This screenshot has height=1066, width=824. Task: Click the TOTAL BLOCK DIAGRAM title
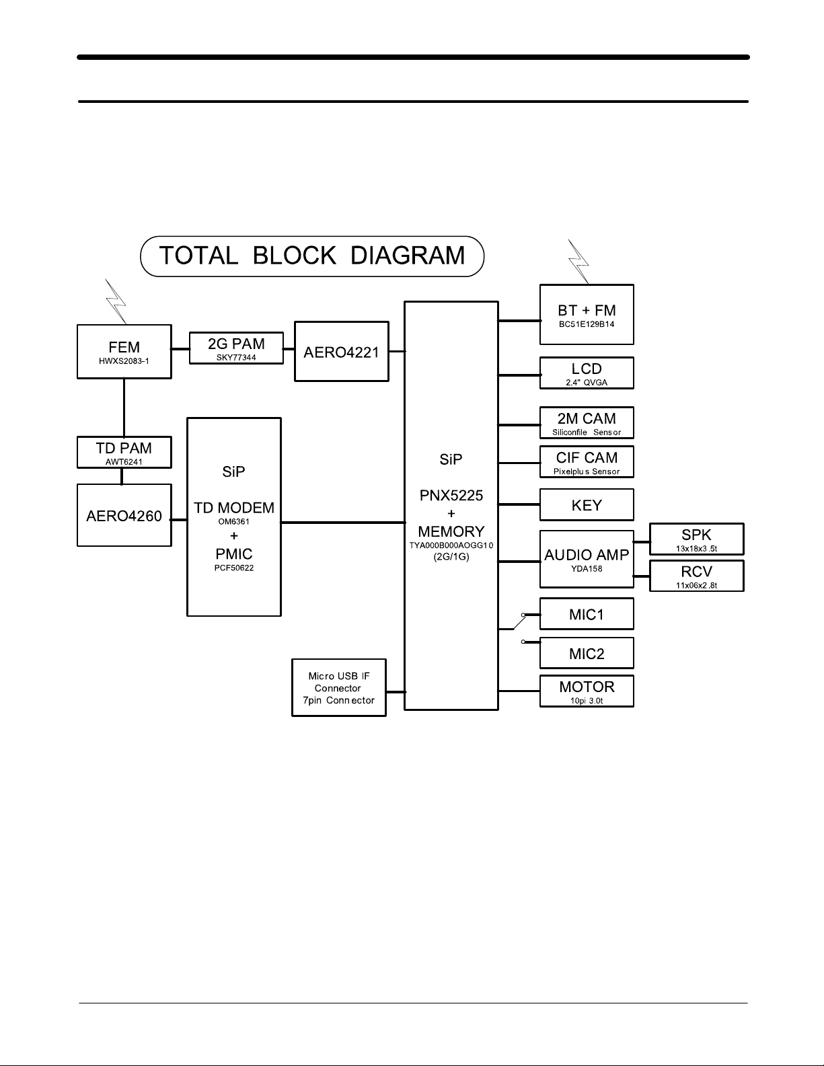pos(312,256)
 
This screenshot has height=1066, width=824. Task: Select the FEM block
pos(124,352)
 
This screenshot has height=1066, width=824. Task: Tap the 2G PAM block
pos(236,349)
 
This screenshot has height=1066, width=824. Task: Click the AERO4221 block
pos(342,351)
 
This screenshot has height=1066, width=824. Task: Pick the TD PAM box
pos(124,452)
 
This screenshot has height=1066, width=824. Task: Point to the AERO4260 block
pos(124,515)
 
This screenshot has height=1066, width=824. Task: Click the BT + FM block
pos(587,314)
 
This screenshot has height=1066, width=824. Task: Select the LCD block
pos(587,373)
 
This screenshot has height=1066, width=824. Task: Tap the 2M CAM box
pos(587,423)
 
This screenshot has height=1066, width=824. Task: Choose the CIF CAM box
pos(587,462)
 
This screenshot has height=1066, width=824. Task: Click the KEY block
pos(587,505)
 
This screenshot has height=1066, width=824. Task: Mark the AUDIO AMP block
pos(587,559)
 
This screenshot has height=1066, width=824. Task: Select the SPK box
pos(696,539)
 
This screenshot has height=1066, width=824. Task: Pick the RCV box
pos(696,576)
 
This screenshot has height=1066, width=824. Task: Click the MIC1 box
pos(587,614)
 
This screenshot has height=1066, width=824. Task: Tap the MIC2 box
pos(587,653)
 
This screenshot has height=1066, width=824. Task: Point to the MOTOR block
pos(587,691)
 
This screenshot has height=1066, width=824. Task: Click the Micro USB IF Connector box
pos(339,688)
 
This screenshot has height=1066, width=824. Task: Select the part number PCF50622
pos(234,568)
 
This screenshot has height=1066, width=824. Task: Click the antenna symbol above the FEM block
pos(117,302)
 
